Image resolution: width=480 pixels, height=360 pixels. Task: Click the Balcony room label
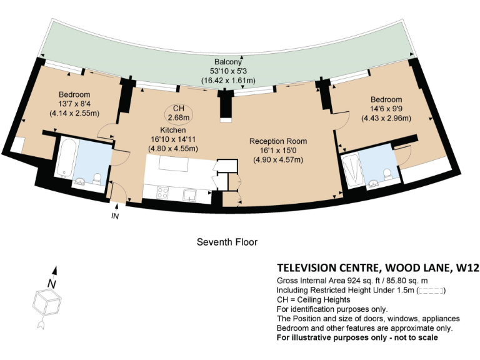pyautogui.click(x=227, y=61)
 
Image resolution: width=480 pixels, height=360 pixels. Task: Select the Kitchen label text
pyautogui.click(x=173, y=130)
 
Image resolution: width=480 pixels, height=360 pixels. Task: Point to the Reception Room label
pyautogui.click(x=278, y=141)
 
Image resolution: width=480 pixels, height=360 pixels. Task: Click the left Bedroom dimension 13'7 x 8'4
pyautogui.click(x=74, y=104)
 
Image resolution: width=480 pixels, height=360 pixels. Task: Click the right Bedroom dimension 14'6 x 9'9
pyautogui.click(x=386, y=109)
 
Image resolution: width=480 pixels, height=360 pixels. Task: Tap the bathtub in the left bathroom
pyautogui.click(x=66, y=157)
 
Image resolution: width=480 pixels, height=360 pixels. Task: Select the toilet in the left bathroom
pyautogui.click(x=97, y=179)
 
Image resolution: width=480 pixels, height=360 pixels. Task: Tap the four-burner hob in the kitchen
pyautogui.click(x=162, y=193)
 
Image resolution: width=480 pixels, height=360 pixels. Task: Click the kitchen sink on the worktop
pyautogui.click(x=189, y=195)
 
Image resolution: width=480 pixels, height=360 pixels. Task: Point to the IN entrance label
pyautogui.click(x=115, y=216)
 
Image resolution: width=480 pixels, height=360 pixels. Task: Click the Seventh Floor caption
pyautogui.click(x=227, y=242)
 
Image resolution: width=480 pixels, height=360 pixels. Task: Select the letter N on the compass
pyautogui.click(x=52, y=284)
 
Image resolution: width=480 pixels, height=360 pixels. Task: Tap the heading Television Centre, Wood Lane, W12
pyautogui.click(x=377, y=268)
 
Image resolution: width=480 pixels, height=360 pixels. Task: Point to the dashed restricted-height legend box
pyautogui.click(x=431, y=291)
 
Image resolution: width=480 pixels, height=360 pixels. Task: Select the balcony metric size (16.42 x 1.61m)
pyautogui.click(x=228, y=81)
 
